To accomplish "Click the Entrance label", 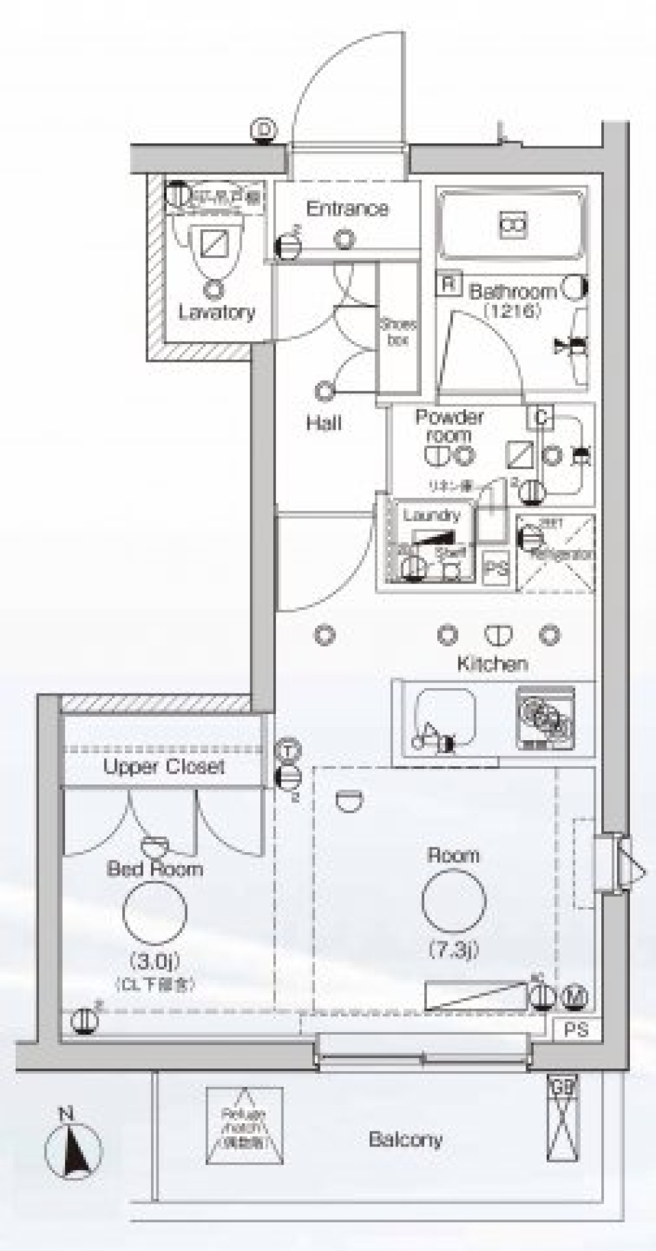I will click(347, 209).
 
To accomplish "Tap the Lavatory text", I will click(217, 313).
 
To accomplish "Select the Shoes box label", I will click(398, 332).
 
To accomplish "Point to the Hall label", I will click(324, 423).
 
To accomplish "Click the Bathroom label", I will click(512, 292).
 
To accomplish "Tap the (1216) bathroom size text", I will click(512, 310).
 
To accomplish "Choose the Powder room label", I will click(449, 425).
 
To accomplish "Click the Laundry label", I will click(431, 515).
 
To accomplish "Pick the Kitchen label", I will click(492, 663).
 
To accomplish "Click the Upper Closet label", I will click(164, 767).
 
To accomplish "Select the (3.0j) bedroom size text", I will click(155, 963).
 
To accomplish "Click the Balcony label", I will click(405, 1139).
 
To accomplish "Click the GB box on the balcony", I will click(562, 1085).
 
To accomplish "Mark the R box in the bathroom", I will click(448, 284).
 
